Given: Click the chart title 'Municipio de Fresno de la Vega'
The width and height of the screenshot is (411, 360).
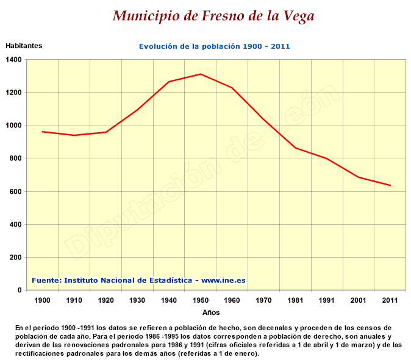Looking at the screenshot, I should [213, 15].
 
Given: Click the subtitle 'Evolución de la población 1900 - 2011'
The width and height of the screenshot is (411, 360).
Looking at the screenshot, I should [214, 46].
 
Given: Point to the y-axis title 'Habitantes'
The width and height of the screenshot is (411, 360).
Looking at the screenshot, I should [24, 46].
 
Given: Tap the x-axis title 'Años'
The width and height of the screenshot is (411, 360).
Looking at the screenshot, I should [211, 312].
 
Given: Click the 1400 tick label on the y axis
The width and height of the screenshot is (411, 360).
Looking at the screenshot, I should [13, 60].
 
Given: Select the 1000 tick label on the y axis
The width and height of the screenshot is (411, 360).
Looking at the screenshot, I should [13, 125].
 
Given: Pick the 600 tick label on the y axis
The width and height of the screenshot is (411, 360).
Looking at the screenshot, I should [15, 191].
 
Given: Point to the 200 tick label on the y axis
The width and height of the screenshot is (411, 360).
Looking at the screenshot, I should [15, 257].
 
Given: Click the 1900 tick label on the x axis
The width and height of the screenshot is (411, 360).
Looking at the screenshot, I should [43, 300].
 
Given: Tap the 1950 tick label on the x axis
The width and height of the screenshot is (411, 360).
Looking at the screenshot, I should [201, 300].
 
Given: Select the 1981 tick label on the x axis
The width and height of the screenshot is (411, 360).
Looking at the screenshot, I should [295, 300].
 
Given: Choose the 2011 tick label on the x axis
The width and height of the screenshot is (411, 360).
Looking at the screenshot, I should [390, 300].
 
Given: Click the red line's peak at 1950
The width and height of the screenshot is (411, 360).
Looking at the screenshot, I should [200, 74].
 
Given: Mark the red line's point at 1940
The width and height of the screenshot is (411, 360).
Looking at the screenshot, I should [169, 82].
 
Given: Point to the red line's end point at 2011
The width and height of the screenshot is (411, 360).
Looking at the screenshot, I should [390, 185].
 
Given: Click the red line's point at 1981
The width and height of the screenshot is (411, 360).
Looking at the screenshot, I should [295, 148].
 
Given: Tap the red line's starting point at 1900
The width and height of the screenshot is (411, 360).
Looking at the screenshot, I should [43, 132].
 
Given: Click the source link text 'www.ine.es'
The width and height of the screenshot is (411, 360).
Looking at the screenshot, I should [223, 280].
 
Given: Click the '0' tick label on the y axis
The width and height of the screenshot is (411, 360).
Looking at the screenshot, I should [20, 290].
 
